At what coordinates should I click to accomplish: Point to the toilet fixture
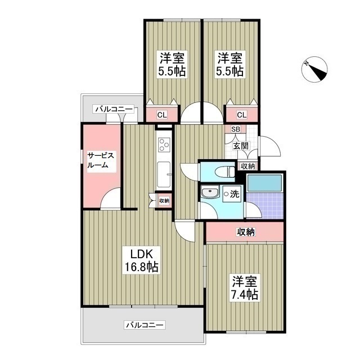(x=228, y=172)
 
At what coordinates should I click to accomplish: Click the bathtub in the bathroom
(x=265, y=183)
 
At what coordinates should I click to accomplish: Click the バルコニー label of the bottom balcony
(x=145, y=325)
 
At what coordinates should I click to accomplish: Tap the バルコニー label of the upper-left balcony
(x=113, y=109)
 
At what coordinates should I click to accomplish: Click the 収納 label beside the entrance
(x=247, y=166)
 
